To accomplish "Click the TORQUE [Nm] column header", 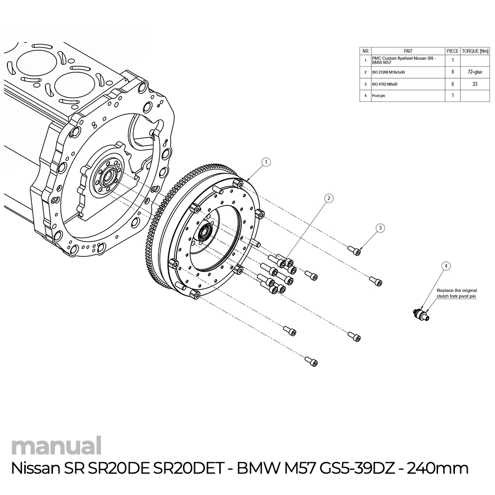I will [x=475, y=50].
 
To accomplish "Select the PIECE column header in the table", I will [x=452, y=50].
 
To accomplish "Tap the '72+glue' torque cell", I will [x=475, y=72].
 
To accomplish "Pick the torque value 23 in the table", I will [x=475, y=84].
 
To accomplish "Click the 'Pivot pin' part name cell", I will [x=379, y=96].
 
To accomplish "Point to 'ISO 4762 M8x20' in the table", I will [x=385, y=84].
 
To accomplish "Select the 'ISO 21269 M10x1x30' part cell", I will [x=388, y=72].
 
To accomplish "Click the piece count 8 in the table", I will [x=452, y=72].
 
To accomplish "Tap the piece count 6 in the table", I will [x=452, y=84].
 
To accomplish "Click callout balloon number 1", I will [x=266, y=162].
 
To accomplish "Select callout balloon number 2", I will [x=328, y=198].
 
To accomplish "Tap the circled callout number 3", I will [x=380, y=228].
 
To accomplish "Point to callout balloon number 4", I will [x=446, y=266].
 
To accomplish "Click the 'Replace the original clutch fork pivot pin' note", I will [x=456, y=294].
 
